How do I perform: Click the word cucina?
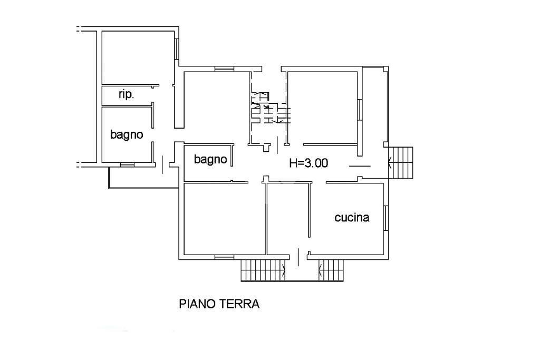pyautogui.click(x=352, y=218)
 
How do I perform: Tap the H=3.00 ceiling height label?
pyautogui.click(x=308, y=163)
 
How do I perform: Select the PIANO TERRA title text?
pyautogui.click(x=219, y=304)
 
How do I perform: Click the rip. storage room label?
pyautogui.click(x=127, y=94)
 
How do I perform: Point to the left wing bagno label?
pyautogui.click(x=127, y=134)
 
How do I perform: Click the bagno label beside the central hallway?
pyautogui.click(x=210, y=159)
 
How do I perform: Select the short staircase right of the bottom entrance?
pyautogui.click(x=331, y=270)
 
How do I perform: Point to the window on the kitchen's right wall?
pyautogui.click(x=386, y=218)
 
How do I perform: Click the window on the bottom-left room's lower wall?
pyautogui.click(x=224, y=257)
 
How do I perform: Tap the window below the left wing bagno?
pyautogui.click(x=127, y=165)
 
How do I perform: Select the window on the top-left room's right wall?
pyautogui.click(x=177, y=49)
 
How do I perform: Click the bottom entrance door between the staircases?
pyautogui.click(x=298, y=257)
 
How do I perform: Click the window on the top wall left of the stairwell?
pyautogui.click(x=224, y=69)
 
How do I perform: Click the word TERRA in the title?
pyautogui.click(x=240, y=304)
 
